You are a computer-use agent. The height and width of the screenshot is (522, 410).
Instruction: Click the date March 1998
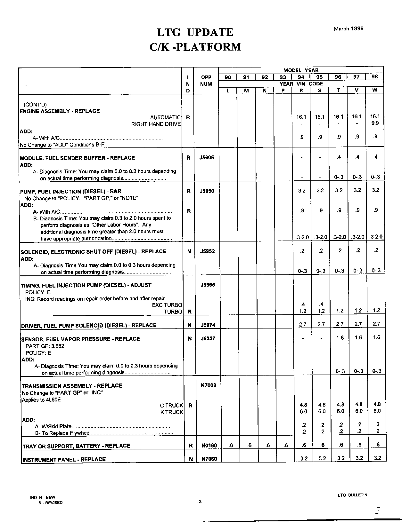(x=348, y=28)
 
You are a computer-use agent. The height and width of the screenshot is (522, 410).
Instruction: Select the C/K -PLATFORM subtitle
(x=195, y=47)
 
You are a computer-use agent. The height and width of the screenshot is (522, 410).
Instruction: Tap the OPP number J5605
(x=207, y=157)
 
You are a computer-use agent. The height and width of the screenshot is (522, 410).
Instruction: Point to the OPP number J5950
(x=207, y=191)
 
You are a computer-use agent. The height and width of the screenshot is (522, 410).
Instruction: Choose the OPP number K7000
(x=208, y=385)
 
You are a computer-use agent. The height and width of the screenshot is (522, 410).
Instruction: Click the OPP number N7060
(x=209, y=459)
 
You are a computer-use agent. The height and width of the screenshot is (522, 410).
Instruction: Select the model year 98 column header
(x=374, y=77)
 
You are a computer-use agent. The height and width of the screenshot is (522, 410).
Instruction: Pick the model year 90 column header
(x=228, y=77)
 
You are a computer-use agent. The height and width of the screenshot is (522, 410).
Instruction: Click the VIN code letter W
(x=374, y=90)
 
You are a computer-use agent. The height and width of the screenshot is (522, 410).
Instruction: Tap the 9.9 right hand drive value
(x=375, y=123)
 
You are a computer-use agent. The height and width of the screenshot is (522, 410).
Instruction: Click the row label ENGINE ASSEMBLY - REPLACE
(x=60, y=111)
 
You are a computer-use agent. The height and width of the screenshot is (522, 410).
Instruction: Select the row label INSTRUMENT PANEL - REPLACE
(x=64, y=459)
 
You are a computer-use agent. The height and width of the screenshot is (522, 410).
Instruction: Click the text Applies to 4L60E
(x=41, y=399)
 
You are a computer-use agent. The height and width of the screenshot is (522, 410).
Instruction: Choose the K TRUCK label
(x=171, y=412)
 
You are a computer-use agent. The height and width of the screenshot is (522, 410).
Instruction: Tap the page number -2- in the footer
(x=200, y=502)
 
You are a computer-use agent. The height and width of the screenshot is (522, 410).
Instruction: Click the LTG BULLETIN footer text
(x=352, y=495)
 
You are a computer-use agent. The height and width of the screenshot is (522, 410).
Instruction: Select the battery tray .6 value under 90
(x=231, y=445)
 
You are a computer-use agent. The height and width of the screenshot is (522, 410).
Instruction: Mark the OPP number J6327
(x=208, y=339)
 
